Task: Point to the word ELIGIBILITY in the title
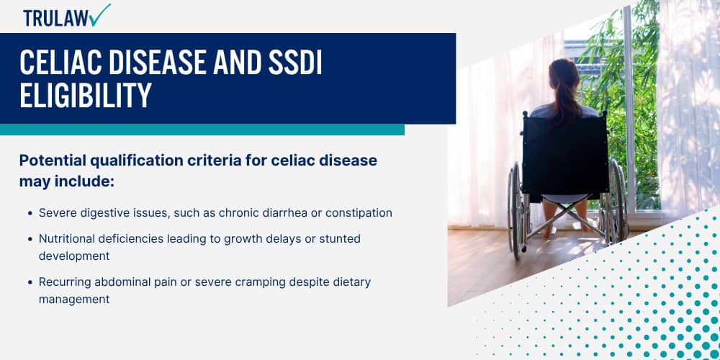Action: [x=86, y=96]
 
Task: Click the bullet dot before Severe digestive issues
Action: [x=30, y=214]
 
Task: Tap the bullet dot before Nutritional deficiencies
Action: [x=30, y=239]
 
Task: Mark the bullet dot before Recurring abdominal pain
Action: [x=30, y=282]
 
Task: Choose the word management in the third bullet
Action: [x=74, y=299]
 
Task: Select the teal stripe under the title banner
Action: [x=202, y=130]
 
